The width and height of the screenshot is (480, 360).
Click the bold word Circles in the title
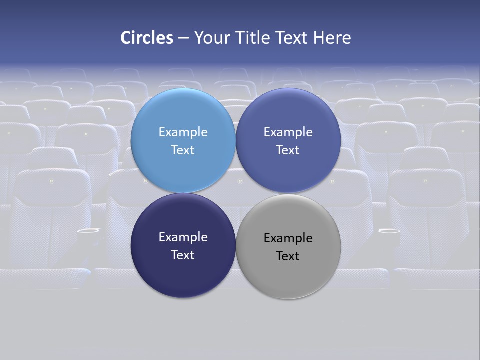point(147,38)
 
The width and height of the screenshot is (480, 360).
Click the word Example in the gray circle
point(288,238)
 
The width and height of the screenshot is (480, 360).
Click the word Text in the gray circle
point(288,256)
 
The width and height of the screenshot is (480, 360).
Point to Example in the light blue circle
point(183,132)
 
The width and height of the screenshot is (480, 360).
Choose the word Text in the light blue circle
point(183,150)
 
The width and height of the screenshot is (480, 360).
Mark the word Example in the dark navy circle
point(183,237)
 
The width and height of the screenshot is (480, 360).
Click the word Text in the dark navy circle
point(183,255)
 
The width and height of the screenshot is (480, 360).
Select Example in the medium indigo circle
point(288,132)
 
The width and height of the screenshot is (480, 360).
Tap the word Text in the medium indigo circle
point(288,150)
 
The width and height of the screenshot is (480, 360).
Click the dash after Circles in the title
point(183,38)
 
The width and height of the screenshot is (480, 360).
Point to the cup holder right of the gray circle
point(389,231)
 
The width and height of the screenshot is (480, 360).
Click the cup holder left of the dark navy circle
point(88,231)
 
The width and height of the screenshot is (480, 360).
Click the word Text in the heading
point(292,38)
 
